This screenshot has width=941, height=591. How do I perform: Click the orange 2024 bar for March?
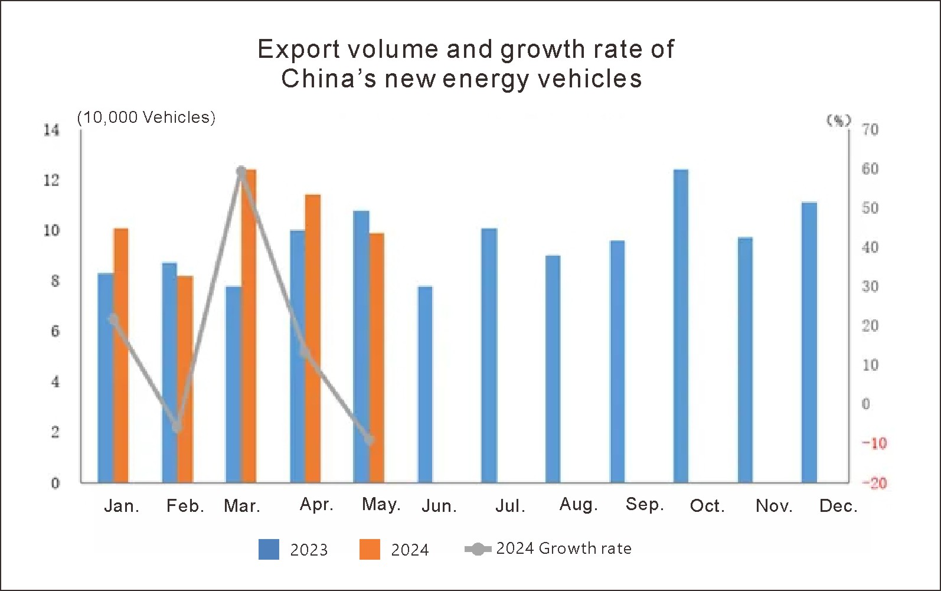tap(250, 331)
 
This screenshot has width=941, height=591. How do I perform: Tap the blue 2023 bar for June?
tap(425, 384)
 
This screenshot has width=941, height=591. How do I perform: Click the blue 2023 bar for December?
tap(809, 342)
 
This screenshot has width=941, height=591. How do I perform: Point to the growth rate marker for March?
tap(241, 172)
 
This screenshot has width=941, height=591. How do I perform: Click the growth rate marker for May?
tap(370, 440)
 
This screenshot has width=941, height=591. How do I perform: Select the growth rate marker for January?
tap(113, 319)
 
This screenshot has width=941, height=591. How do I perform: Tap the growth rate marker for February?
tap(177, 426)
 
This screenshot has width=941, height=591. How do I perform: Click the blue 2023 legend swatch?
tap(269, 549)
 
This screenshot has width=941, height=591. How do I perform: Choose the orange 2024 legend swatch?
tap(370, 549)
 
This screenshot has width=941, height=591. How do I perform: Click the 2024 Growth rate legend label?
tap(563, 548)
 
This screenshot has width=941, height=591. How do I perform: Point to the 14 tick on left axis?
tap(52, 130)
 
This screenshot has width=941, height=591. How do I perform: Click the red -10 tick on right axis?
tap(874, 443)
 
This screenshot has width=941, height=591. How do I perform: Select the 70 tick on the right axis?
tap(870, 129)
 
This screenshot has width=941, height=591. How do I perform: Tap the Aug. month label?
tap(579, 505)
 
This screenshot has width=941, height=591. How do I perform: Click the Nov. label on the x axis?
tap(774, 506)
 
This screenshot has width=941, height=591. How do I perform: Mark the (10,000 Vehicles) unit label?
tap(146, 117)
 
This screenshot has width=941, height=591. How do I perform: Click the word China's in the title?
tap(328, 79)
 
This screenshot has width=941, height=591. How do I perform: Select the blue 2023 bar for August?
tap(553, 369)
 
